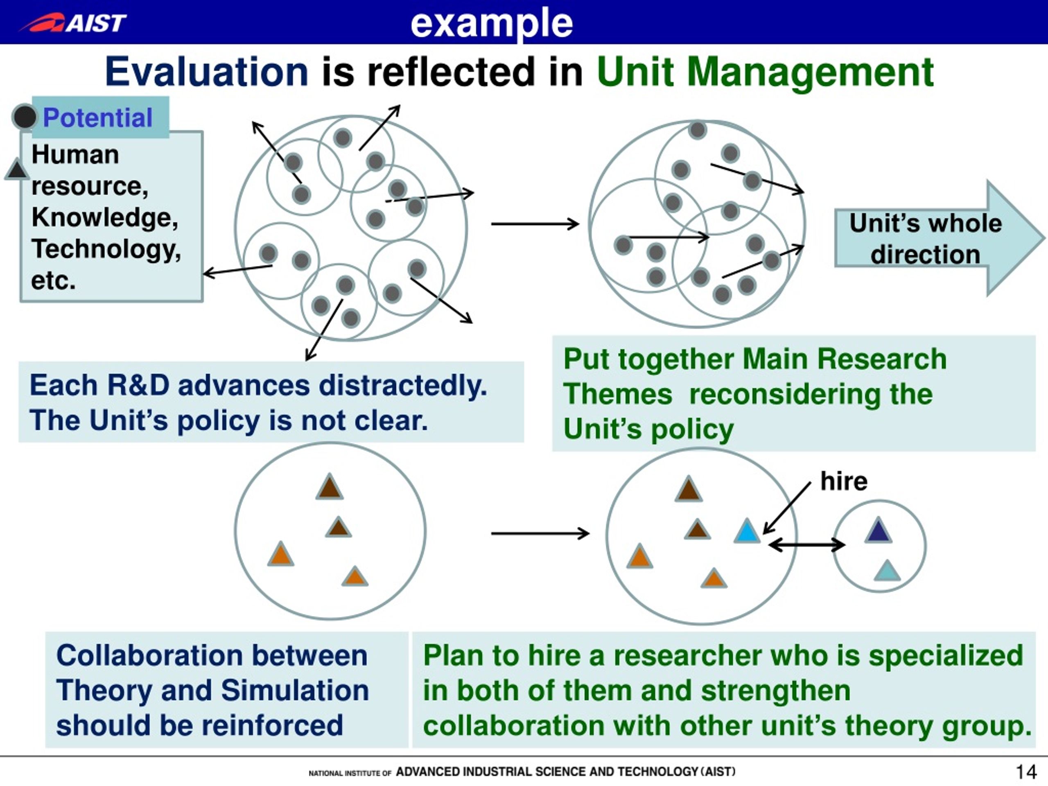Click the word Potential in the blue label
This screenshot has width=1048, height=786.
97,117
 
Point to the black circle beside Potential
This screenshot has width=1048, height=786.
24,117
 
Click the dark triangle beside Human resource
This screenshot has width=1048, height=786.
17,169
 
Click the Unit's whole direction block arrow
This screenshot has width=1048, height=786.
938,238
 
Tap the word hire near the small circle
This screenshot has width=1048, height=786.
844,481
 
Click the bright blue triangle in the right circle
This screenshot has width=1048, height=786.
747,531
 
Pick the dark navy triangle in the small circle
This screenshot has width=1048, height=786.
879,530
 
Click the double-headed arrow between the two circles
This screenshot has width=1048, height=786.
806,545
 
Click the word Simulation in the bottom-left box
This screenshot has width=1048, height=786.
295,690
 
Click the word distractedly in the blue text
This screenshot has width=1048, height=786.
403,385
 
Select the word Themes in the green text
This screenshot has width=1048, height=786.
618,394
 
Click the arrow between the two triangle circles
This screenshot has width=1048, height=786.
540,533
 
